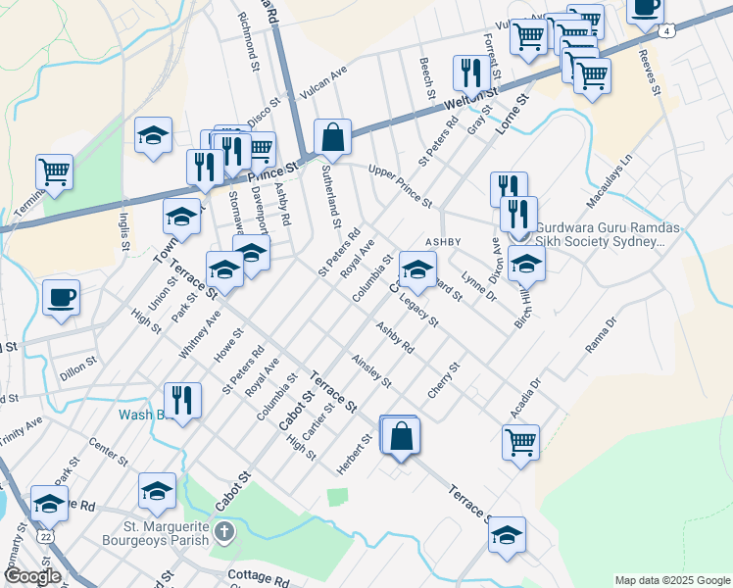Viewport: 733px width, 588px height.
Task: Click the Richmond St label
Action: [x=252, y=42]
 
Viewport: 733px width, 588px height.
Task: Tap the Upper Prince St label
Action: [x=400, y=186]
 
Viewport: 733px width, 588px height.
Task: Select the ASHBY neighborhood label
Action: [x=441, y=241]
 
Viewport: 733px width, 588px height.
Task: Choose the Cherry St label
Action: [x=444, y=380]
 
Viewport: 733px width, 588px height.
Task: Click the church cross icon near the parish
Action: [x=225, y=534]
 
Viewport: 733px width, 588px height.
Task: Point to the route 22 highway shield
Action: [x=45, y=536]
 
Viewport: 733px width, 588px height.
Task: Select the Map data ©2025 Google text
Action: [x=671, y=580]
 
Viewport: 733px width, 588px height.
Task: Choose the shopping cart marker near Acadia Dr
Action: [x=520, y=440]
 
